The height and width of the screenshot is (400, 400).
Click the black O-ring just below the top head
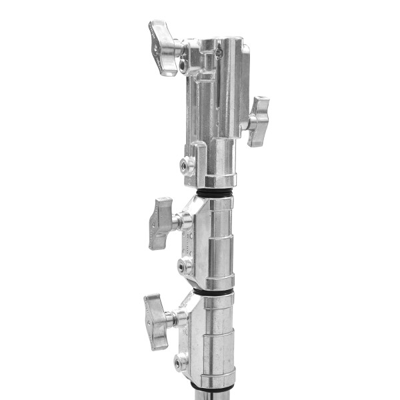pos(214,193)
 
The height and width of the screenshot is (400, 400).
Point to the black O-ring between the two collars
pos(214,292)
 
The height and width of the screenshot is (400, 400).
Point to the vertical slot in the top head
pos(221,87)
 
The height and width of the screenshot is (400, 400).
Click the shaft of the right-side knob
pos(246,121)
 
